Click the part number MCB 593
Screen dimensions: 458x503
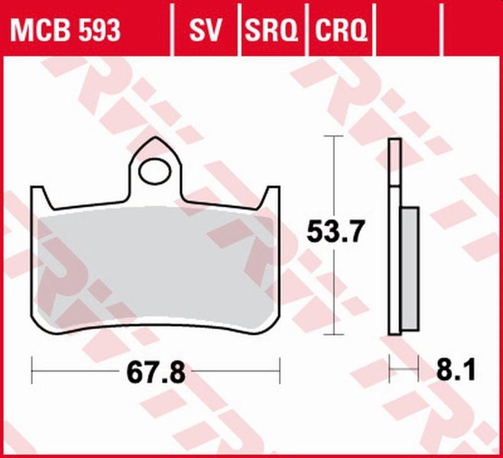pyautogui.click(x=64, y=30)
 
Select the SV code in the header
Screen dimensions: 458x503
pyautogui.click(x=205, y=30)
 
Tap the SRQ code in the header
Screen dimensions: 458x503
pyautogui.click(x=271, y=30)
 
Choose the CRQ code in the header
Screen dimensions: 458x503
pyautogui.click(x=341, y=30)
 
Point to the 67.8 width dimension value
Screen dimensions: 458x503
pyautogui.click(x=155, y=375)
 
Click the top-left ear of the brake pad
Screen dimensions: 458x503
pyautogui.click(x=39, y=192)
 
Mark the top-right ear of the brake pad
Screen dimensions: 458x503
pyautogui.click(x=273, y=192)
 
